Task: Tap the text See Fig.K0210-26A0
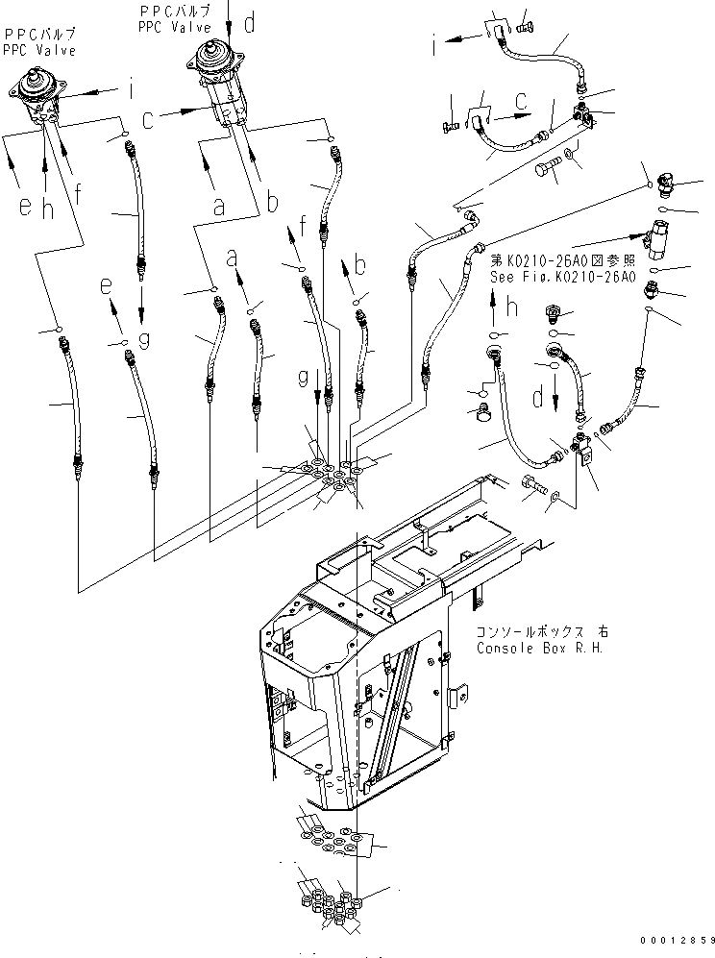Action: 562,277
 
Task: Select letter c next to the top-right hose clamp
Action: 520,98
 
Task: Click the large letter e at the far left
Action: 25,206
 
